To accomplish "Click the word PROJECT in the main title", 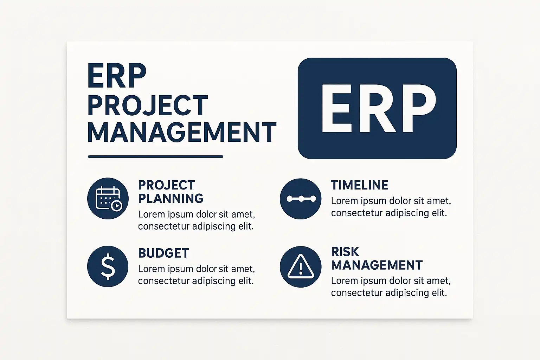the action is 148,105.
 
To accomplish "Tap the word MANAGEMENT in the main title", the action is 182,133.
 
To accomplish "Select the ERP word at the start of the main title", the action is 117,76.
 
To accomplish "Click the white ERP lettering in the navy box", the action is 378,108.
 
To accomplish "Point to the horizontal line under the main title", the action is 155,157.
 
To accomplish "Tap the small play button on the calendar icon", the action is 117,206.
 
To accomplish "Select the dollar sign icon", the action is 108,266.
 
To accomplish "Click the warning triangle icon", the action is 301,266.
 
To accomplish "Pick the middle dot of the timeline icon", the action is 301,199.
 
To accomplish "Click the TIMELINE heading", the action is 359,185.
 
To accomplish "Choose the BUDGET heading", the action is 164,253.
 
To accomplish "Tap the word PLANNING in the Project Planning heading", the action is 171,198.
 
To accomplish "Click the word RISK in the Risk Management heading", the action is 345,252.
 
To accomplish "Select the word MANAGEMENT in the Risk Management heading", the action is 377,265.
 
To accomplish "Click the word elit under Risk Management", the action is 439,293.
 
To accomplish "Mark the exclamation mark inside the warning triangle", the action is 301,268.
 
